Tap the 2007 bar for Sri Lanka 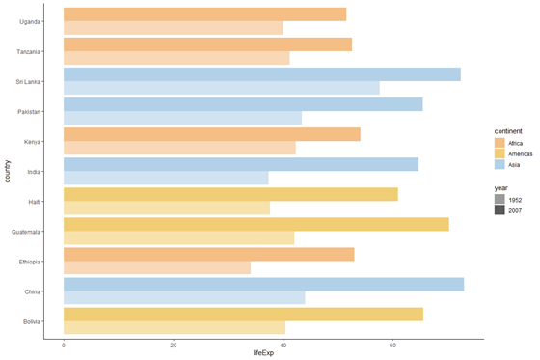click(x=261, y=74)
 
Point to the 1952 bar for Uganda click(x=173, y=28)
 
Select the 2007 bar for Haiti click(x=230, y=194)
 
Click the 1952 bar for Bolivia click(x=175, y=327)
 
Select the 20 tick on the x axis click(x=174, y=345)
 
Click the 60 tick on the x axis click(x=392, y=345)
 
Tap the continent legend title click(x=508, y=129)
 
